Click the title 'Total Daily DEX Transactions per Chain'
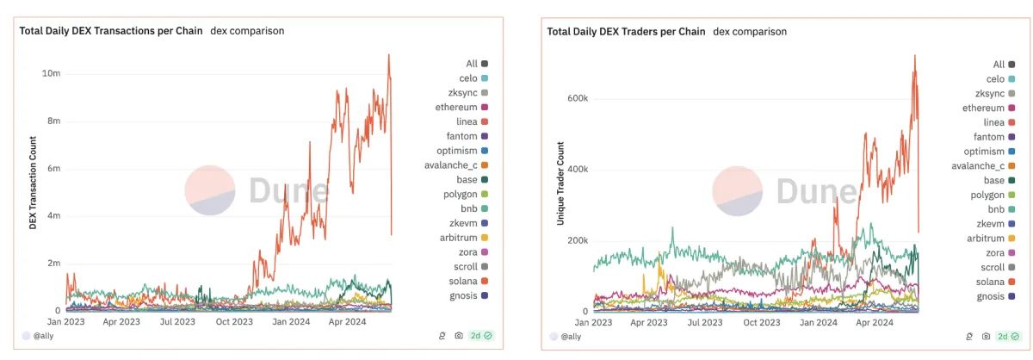(x=111, y=31)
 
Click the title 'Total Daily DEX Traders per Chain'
(x=626, y=32)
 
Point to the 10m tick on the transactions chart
(x=51, y=74)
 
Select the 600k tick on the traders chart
(x=577, y=98)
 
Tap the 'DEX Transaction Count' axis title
(x=34, y=183)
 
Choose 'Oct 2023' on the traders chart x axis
(x=761, y=323)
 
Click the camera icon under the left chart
(x=459, y=336)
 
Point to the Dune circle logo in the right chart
(x=738, y=191)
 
